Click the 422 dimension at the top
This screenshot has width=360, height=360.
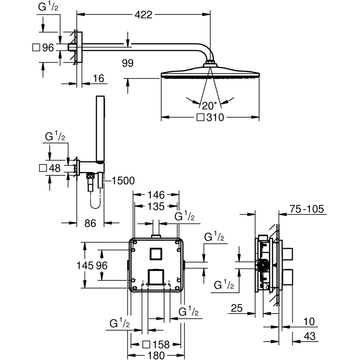pos(144,15)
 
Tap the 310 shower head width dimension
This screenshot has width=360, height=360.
pos(215,117)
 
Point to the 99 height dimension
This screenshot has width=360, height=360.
pos(127,63)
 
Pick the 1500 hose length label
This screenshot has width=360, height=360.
pos(123,181)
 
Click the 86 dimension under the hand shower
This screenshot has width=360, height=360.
pos(90,223)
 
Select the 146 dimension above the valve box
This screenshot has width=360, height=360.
pos(156,195)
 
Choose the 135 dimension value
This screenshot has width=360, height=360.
pos(156,206)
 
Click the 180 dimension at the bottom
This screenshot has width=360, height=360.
pos(156,355)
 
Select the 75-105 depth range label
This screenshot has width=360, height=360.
pos(306,209)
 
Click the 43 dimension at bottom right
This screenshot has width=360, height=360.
pos(309,336)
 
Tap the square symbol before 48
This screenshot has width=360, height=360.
pos(43,168)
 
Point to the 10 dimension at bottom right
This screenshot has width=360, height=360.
pos(309,321)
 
